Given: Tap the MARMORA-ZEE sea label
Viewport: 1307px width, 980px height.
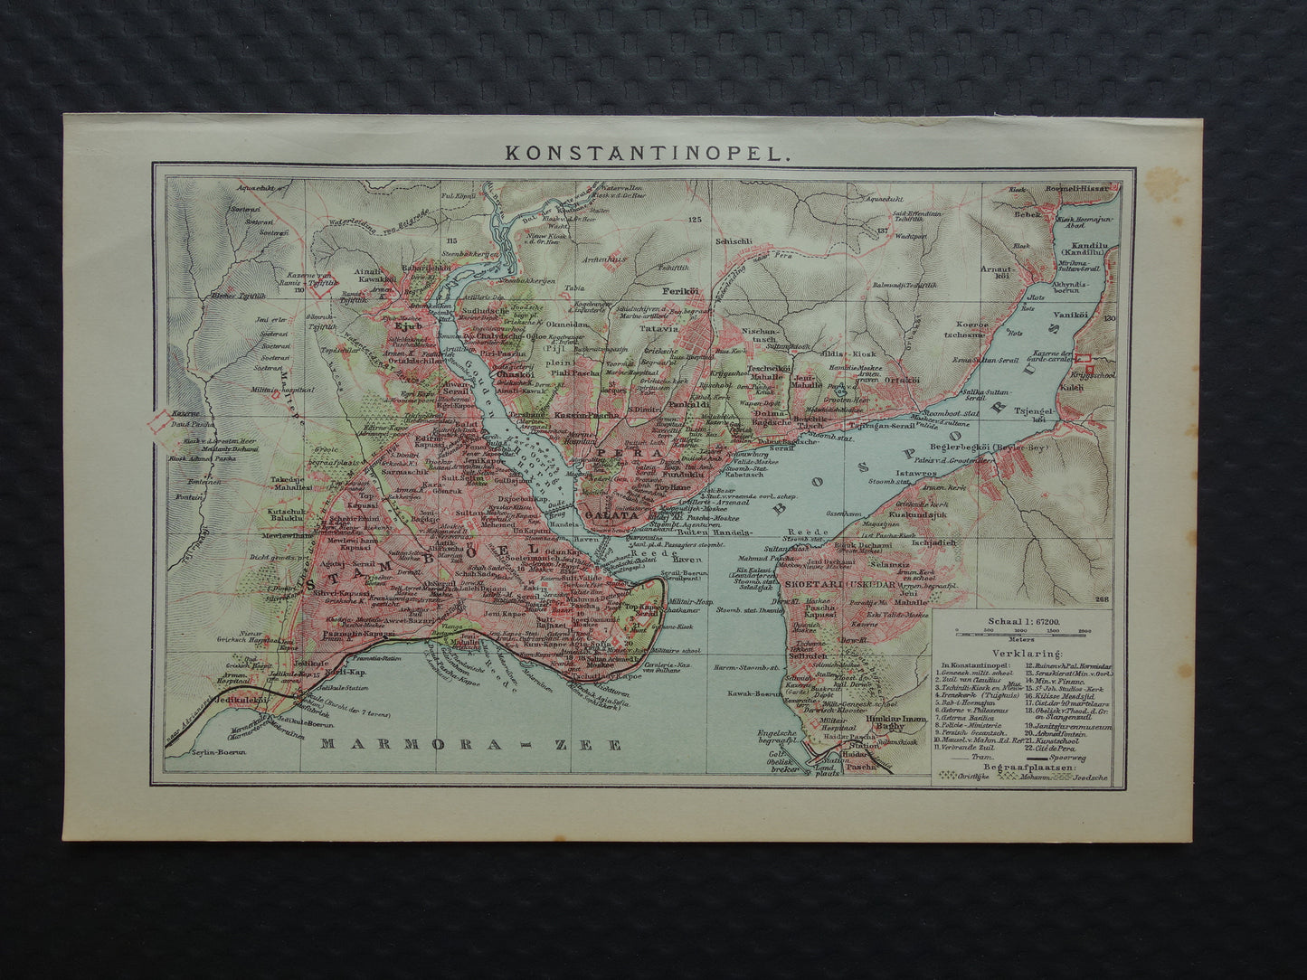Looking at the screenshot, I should (472, 745).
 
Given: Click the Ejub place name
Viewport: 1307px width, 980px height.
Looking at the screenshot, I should (403, 302).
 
